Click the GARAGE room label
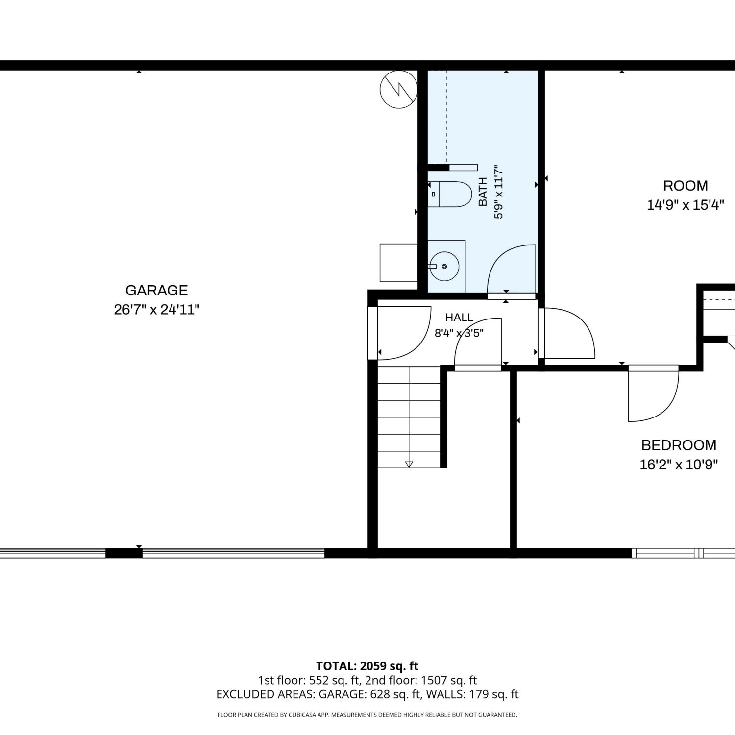(x=157, y=290)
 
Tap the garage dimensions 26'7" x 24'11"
(x=157, y=310)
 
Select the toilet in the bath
(x=449, y=194)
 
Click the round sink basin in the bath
(x=444, y=266)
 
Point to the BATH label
(x=483, y=192)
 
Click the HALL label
(x=459, y=318)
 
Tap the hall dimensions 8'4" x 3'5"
(x=459, y=333)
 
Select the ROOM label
(x=686, y=186)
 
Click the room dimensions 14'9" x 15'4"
(x=686, y=205)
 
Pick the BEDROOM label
(x=679, y=445)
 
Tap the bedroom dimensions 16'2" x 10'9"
(x=679, y=464)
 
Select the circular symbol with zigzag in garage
(x=399, y=90)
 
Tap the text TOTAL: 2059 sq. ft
(x=367, y=666)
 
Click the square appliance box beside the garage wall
(x=398, y=262)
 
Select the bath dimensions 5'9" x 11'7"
(x=498, y=192)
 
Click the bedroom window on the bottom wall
(x=683, y=553)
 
